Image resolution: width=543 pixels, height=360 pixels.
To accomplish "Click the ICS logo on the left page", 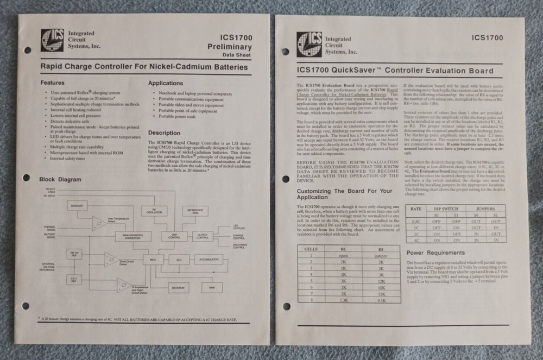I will (x=52, y=40).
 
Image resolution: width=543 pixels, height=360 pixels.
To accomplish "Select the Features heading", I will (x=55, y=83).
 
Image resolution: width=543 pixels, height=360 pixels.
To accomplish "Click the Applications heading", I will (x=166, y=83).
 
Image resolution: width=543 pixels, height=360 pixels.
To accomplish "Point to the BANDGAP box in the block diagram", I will (x=78, y=206).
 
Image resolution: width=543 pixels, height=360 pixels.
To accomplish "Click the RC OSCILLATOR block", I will (x=154, y=211).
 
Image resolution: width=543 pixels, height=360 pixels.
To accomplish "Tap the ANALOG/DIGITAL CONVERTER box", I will (x=132, y=236).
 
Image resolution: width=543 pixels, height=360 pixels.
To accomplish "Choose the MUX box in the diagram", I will (x=153, y=260).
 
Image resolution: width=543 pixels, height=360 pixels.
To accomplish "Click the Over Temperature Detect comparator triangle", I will (x=98, y=222).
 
